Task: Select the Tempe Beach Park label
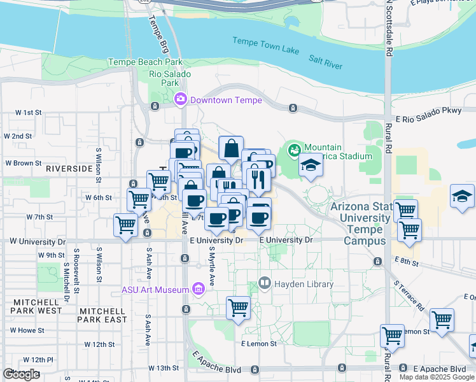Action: click(x=145, y=62)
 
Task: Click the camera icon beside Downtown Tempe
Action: click(x=181, y=99)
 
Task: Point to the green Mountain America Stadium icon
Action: click(x=294, y=151)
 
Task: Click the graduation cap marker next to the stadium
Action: click(x=310, y=166)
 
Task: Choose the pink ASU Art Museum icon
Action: click(x=199, y=290)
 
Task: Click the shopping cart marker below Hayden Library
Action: click(x=239, y=308)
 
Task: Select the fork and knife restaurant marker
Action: click(x=258, y=180)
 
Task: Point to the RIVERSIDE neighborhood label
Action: click(x=69, y=169)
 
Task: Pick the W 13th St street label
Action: click(x=164, y=368)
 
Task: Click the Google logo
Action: click(x=21, y=374)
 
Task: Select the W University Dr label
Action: click(x=36, y=241)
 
